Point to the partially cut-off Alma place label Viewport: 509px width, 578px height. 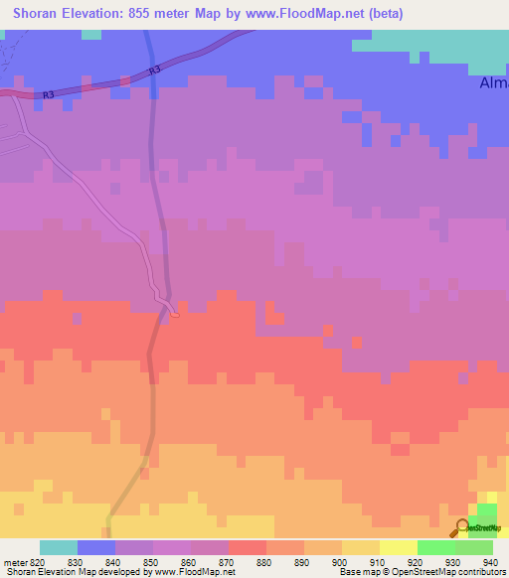pyautogui.click(x=493, y=83)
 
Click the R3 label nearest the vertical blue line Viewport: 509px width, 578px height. pyautogui.click(x=153, y=72)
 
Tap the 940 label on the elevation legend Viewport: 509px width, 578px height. pyautogui.click(x=492, y=561)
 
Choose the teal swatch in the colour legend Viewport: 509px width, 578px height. pyautogui.click(x=58, y=547)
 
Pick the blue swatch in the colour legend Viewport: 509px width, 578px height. pyautogui.click(x=95, y=547)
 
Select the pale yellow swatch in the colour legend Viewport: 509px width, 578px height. pyautogui.click(x=398, y=547)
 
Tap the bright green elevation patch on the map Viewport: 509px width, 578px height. pyautogui.click(x=486, y=513)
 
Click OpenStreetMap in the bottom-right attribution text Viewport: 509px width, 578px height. pyautogui.click(x=437, y=572)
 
